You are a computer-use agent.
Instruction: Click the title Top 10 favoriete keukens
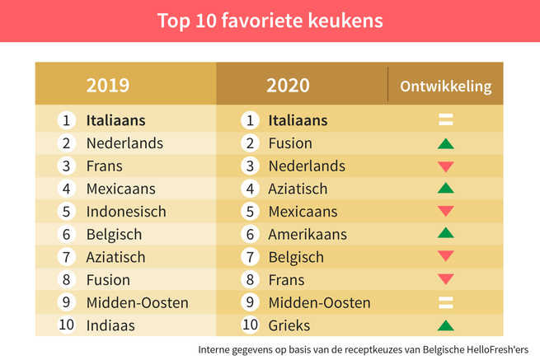pos(270,21)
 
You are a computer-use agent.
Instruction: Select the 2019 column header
pos(108,85)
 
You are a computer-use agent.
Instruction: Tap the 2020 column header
pos(289,85)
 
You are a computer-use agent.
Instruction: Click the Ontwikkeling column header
pos(445,86)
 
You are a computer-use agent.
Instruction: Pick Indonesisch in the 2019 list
pos(126,212)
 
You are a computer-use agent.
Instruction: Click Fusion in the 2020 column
pos(290,143)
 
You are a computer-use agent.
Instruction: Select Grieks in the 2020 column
pos(289,325)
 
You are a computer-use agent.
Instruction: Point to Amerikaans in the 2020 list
pos(308,234)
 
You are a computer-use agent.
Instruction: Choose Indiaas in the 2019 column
pos(110,325)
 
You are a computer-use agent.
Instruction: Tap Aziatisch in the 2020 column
pos(298,189)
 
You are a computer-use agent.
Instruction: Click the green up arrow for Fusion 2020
pos(446,144)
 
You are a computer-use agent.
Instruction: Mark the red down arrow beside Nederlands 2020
pos(446,166)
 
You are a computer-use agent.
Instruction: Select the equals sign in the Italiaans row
pos(446,120)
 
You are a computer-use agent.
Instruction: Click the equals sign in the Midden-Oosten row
pos(446,302)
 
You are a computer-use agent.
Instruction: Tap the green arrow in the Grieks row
pos(446,325)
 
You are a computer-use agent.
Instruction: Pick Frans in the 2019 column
pos(104,166)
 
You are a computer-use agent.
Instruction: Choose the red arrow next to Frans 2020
pos(446,280)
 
